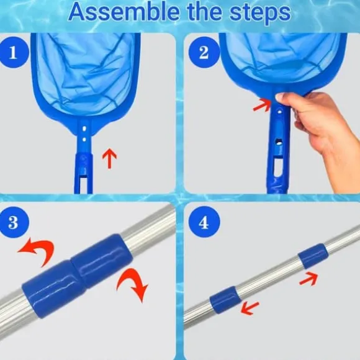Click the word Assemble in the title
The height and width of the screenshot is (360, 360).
click(124, 12)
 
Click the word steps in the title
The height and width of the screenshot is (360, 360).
click(260, 14)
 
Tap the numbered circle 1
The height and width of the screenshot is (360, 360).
click(14, 52)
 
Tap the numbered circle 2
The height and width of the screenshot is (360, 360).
click(204, 52)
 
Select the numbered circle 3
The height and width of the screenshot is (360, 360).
click(14, 222)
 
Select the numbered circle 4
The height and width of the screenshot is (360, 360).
click(204, 222)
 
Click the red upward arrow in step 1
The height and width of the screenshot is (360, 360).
click(109, 158)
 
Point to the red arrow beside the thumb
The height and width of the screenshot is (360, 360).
click(263, 105)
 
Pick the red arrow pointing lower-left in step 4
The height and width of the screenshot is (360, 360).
click(250, 308)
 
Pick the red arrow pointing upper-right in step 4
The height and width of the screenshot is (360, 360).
click(309, 278)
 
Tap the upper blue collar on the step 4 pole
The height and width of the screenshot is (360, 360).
click(313, 256)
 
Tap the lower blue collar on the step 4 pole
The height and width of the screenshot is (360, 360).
click(225, 300)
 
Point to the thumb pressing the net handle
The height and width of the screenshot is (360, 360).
click(283, 98)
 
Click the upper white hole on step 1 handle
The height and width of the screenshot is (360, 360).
click(84, 128)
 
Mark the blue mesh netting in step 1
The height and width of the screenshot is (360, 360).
click(86, 73)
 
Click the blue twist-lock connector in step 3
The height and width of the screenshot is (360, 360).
click(78, 276)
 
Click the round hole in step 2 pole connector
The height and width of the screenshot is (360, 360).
click(279, 143)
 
